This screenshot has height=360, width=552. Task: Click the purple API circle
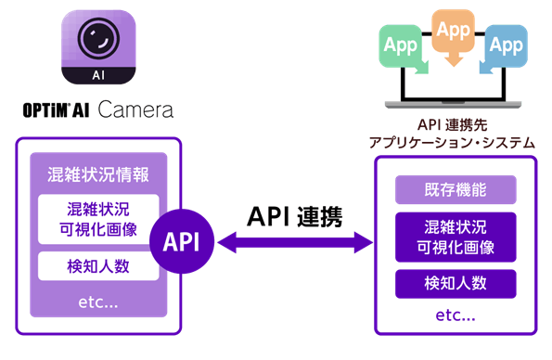[182, 242]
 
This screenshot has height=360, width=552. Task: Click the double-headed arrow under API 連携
[294, 243]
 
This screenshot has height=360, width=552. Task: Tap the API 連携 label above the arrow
[294, 215]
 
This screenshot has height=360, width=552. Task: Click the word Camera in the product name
[135, 110]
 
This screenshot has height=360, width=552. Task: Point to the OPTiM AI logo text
[57, 111]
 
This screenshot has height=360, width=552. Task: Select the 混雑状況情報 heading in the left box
[98, 174]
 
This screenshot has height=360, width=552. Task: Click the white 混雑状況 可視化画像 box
[98, 219]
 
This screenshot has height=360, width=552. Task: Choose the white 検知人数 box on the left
[98, 267]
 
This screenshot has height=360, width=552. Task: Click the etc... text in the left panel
[98, 302]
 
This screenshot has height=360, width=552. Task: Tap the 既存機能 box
[455, 190]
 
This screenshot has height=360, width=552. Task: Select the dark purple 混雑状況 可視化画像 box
[455, 237]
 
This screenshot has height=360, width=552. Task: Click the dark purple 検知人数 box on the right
[455, 283]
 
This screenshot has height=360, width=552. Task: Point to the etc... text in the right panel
[455, 315]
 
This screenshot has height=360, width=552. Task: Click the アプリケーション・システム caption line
[452, 142]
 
